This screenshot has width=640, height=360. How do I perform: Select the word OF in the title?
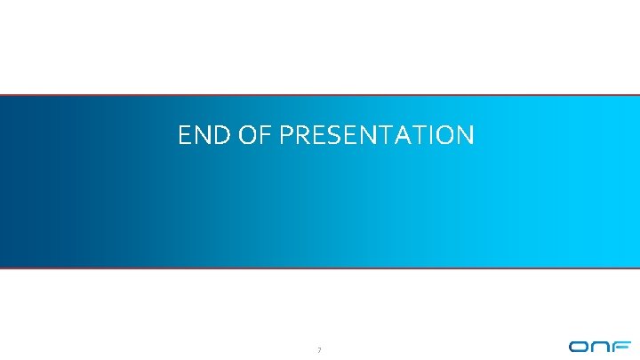pyautogui.click(x=252, y=136)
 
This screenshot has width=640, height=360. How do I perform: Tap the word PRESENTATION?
pyautogui.click(x=376, y=136)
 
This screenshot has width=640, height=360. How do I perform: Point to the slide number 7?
pyautogui.click(x=318, y=348)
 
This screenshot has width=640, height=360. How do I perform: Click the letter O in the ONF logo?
pyautogui.click(x=580, y=348)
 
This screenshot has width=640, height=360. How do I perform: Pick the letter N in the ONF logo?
pyautogui.click(x=601, y=348)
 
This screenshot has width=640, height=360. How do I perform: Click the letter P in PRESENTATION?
pyautogui.click(x=285, y=136)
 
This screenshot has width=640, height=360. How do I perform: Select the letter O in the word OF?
pyautogui.click(x=246, y=136)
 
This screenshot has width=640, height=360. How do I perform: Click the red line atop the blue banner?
pyautogui.click(x=320, y=95)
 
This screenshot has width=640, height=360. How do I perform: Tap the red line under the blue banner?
pyautogui.click(x=320, y=268)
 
